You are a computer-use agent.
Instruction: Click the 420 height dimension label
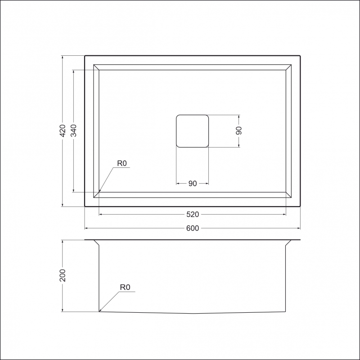(63, 130)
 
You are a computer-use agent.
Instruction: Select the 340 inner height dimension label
(73, 130)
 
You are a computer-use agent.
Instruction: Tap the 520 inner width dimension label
(193, 215)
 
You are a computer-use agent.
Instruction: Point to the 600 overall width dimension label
(193, 228)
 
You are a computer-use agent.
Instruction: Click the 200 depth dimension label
(63, 275)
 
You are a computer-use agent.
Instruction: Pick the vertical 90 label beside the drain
(239, 130)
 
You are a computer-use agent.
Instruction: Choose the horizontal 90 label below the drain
(193, 184)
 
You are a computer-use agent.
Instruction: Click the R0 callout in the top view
(122, 163)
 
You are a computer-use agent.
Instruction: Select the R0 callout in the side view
(125, 287)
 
